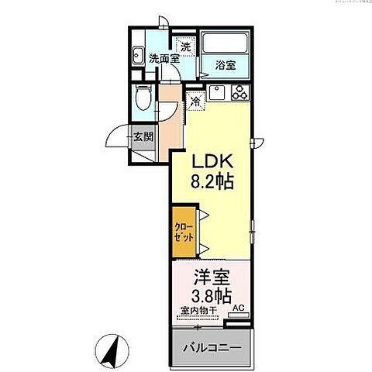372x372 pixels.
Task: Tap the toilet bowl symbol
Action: tap(143, 98)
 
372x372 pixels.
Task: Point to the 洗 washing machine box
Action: tap(186, 45)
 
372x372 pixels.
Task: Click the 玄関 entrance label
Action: tap(143, 139)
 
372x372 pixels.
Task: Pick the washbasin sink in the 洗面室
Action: tap(137, 55)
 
